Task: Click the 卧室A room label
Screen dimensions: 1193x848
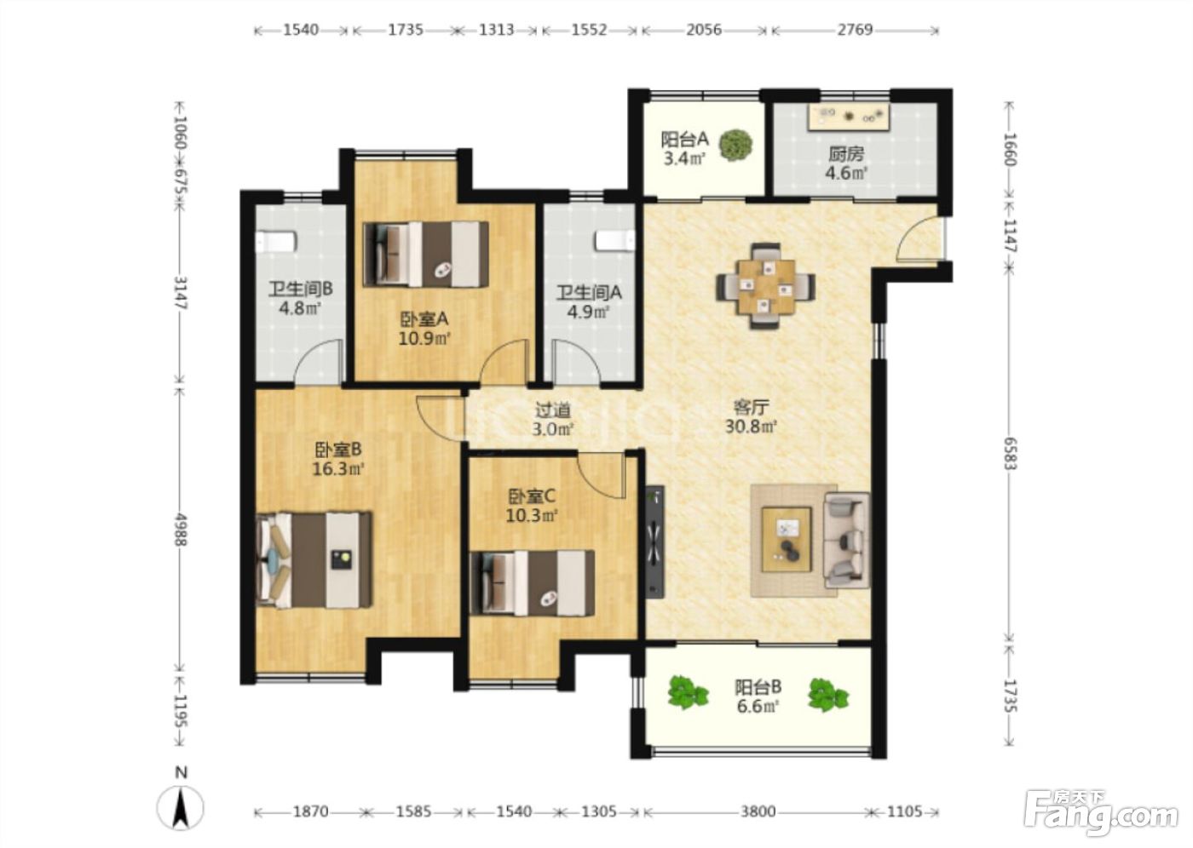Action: point(424,318)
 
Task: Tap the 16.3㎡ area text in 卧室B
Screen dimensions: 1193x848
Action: point(338,468)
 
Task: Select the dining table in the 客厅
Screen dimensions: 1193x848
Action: point(766,286)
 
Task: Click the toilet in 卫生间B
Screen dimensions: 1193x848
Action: point(275,241)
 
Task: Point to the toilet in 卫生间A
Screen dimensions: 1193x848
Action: point(615,240)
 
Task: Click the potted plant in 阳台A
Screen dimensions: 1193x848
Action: point(735,144)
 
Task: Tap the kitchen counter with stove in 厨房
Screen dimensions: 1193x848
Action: point(849,117)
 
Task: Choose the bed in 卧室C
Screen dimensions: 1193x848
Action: point(532,583)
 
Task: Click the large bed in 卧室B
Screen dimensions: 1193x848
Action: point(314,559)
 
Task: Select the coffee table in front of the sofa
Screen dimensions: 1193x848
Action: point(786,540)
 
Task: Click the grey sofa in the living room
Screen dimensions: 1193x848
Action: point(847,540)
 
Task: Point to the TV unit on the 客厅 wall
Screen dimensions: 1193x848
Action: point(654,541)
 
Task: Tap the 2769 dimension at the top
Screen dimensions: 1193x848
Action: point(855,29)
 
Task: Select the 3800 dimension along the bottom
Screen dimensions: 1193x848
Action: point(758,812)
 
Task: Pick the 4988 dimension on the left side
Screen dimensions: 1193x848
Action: point(180,530)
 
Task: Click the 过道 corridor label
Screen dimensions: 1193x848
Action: point(553,410)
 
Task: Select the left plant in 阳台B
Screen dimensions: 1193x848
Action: point(688,692)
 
